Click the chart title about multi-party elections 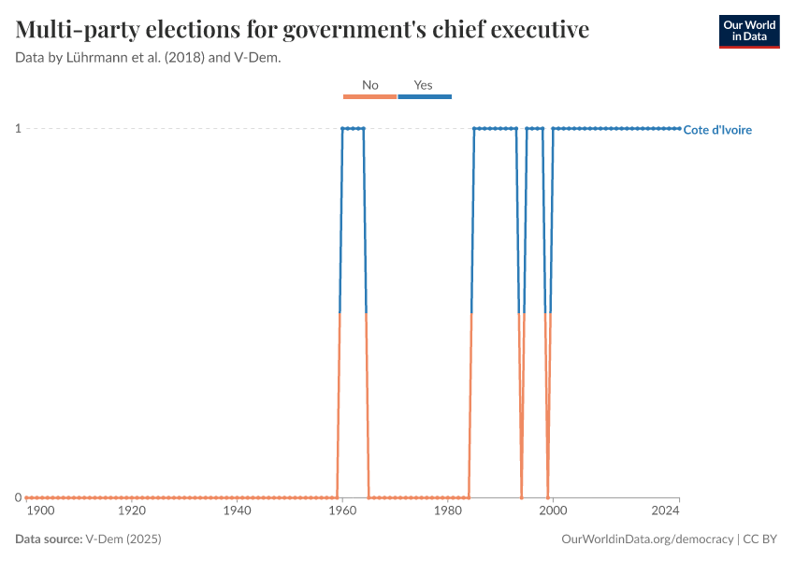tap(302, 30)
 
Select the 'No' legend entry tap(369, 85)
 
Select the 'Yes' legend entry tap(424, 85)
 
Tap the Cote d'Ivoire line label tap(717, 130)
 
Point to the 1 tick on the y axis tap(18, 128)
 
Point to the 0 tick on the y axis tap(18, 497)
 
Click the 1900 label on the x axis tap(41, 511)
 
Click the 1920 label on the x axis tap(132, 511)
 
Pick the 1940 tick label tap(238, 511)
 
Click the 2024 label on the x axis tap(665, 511)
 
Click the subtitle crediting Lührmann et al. tap(149, 57)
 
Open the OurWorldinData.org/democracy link tap(647, 539)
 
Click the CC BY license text tap(762, 539)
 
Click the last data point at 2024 tap(679, 128)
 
